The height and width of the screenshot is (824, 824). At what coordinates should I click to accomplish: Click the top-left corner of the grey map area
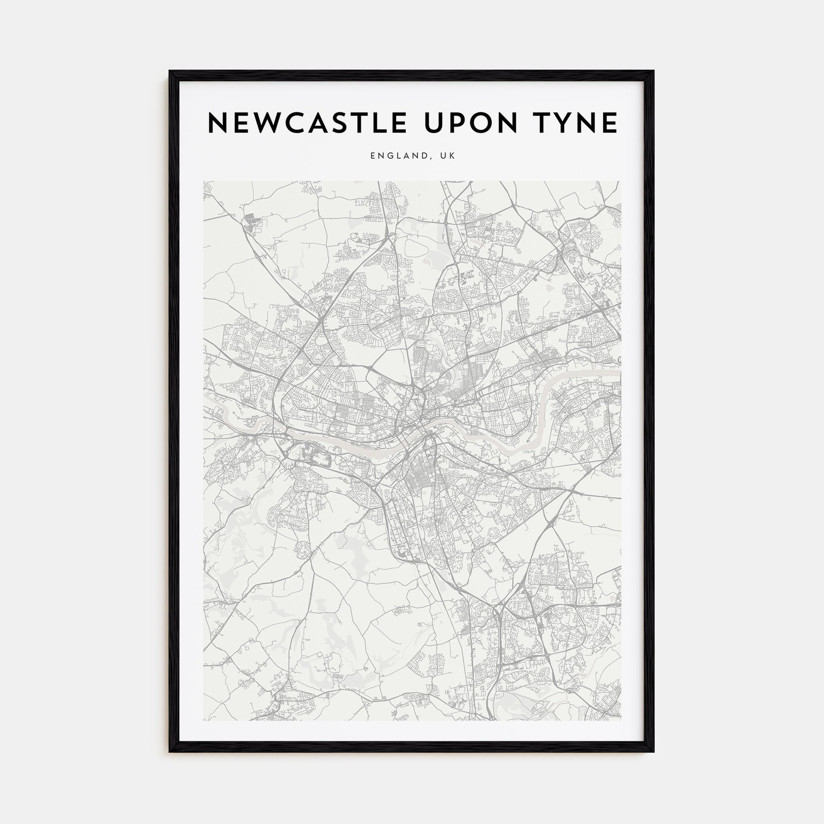[x=204, y=182]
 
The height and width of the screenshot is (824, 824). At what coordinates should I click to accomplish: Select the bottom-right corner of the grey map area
[x=620, y=720]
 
